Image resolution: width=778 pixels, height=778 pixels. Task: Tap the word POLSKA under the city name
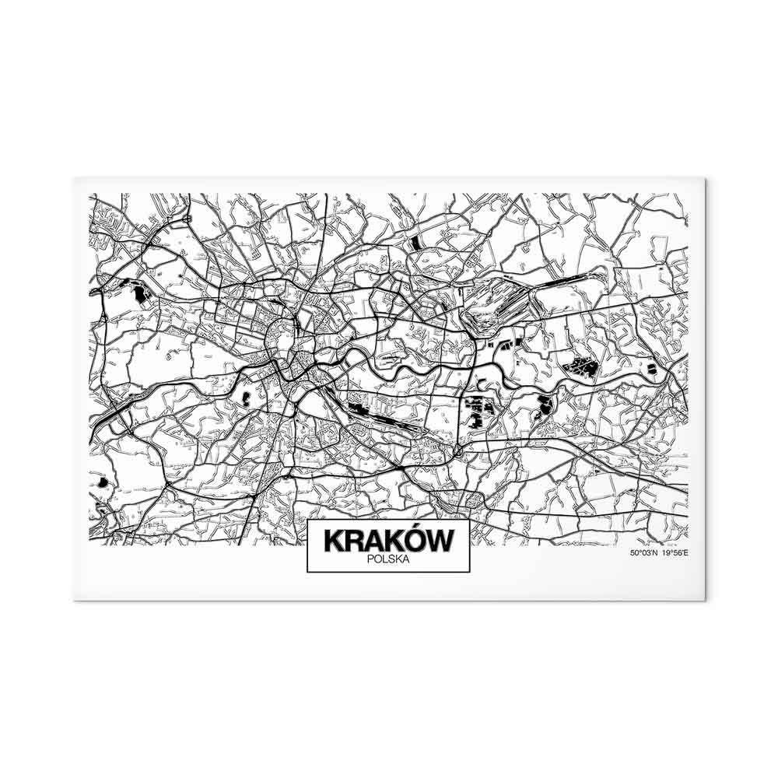[x=387, y=558]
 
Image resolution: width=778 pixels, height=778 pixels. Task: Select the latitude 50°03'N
[x=644, y=554]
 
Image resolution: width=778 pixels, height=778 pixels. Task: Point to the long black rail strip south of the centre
[x=389, y=420]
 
